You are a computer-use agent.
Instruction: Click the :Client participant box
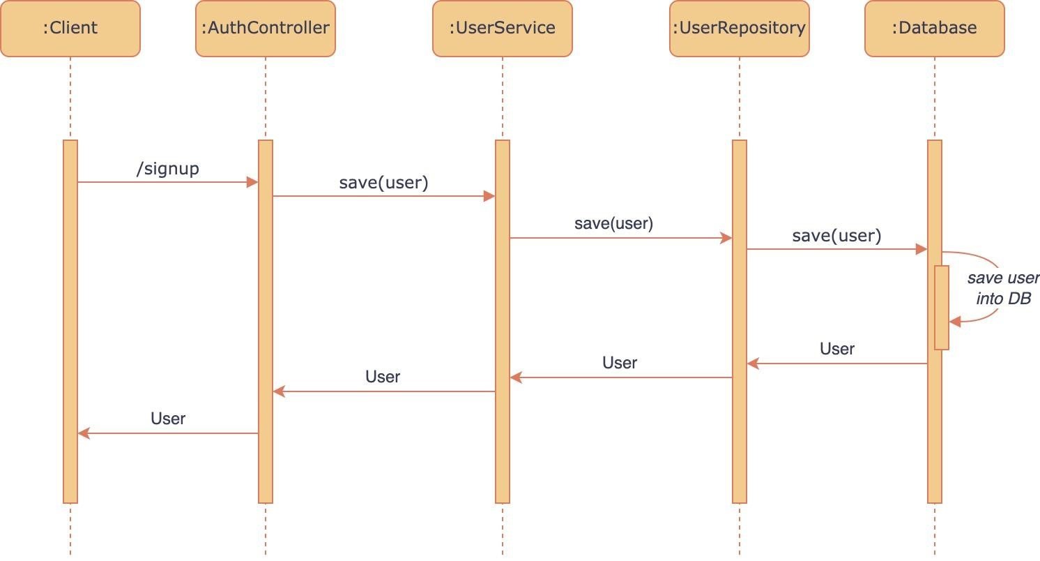[70, 29]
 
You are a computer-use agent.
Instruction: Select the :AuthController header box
[265, 29]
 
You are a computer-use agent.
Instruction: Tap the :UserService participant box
[503, 29]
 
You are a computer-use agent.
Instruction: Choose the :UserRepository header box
[739, 29]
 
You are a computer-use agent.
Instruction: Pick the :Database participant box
[934, 29]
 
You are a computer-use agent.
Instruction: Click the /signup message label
[167, 168]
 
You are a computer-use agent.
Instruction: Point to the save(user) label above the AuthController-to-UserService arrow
[383, 182]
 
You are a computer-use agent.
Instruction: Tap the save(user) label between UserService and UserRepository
[614, 223]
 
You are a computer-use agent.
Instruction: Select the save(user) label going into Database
[836, 235]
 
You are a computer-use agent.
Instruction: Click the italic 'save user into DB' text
[1003, 288]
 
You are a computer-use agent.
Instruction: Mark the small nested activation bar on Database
[942, 307]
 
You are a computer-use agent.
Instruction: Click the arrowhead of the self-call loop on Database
[955, 321]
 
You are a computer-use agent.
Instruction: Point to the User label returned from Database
[836, 349]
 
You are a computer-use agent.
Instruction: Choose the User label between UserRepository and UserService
[620, 363]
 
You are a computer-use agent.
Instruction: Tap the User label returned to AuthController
[383, 377]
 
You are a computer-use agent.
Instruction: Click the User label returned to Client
[167, 419]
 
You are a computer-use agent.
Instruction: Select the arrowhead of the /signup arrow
[252, 182]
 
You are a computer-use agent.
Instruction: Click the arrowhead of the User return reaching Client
[84, 433]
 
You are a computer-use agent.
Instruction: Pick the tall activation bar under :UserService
[503, 322]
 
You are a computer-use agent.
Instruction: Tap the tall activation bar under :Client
[70, 322]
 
